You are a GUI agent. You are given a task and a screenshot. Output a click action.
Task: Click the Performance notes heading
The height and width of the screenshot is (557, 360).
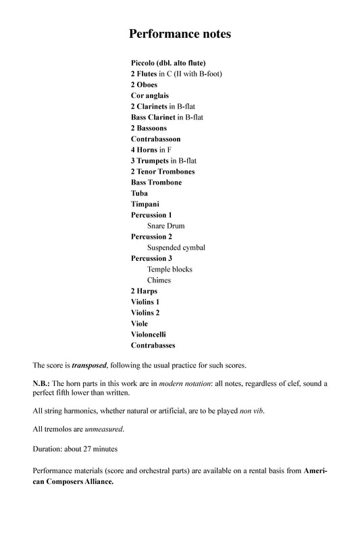[x=180, y=33]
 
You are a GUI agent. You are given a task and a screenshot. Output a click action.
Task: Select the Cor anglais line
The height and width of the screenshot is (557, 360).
[x=150, y=95]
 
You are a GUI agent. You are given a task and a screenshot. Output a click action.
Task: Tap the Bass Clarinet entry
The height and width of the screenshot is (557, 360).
[x=167, y=117]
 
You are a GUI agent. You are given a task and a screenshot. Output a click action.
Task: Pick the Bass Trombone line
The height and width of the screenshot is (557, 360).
[x=156, y=182]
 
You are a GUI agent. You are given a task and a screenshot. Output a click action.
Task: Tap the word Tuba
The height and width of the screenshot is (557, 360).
[x=140, y=193]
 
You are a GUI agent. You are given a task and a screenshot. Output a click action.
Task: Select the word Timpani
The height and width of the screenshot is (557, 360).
[x=145, y=203]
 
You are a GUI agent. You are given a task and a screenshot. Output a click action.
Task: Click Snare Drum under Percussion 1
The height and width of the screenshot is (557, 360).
[x=165, y=226]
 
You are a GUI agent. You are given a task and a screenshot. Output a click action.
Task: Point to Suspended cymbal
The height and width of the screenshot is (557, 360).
[x=176, y=247]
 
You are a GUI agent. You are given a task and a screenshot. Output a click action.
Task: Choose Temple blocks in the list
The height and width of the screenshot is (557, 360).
[x=170, y=269]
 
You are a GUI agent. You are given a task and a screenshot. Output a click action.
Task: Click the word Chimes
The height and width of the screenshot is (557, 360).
[x=159, y=280]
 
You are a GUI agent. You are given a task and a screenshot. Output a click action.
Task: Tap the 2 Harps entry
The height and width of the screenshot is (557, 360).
[x=145, y=291]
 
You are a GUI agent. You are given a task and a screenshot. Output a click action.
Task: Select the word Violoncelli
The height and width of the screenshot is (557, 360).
[x=149, y=334]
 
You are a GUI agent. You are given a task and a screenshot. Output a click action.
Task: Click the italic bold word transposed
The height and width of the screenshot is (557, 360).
[x=89, y=365]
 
